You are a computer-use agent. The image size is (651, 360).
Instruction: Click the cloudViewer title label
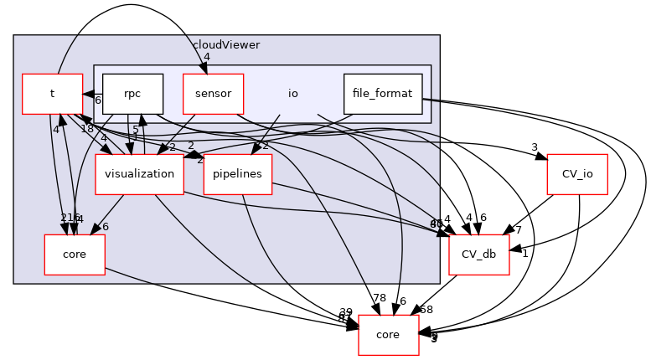226,44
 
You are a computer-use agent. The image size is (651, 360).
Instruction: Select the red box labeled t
52,94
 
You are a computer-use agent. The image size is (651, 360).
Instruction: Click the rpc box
132,94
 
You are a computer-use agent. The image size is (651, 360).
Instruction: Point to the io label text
293,94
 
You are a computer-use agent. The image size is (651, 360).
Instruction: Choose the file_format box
383,94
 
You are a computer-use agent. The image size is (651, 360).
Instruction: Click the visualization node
140,174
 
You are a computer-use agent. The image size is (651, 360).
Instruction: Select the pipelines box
238,174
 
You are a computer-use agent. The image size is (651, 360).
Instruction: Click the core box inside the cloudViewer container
75,255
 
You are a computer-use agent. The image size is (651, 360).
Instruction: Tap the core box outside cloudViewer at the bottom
389,335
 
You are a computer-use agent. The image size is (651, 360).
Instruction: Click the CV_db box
479,255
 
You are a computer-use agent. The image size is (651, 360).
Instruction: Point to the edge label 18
87,129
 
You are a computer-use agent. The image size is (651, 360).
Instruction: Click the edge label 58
426,310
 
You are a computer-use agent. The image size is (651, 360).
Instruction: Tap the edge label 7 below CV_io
519,229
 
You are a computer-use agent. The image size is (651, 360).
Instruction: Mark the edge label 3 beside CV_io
534,148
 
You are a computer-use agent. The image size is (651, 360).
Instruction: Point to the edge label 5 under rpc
135,129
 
